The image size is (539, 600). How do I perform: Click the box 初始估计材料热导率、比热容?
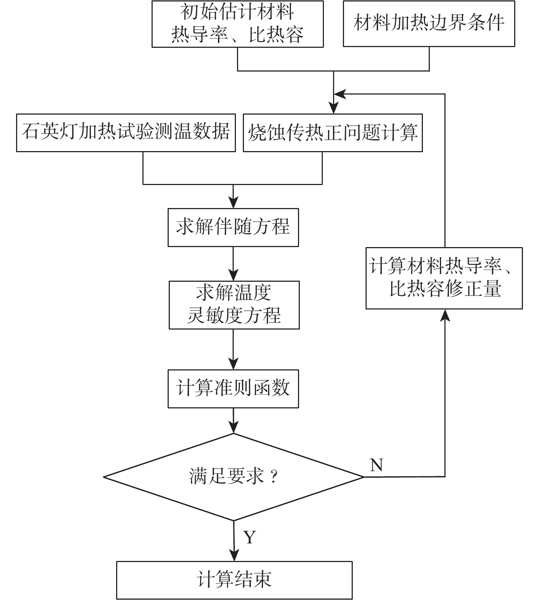tap(237, 24)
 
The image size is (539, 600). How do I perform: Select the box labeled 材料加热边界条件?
tap(429, 24)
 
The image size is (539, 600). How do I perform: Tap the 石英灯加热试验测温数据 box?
tap(126, 132)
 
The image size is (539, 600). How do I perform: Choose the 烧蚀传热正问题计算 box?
tap(333, 132)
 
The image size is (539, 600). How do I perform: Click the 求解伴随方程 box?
tap(233, 227)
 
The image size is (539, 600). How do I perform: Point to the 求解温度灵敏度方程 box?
tap(234, 305)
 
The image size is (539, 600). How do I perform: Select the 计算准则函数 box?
tap(233, 389)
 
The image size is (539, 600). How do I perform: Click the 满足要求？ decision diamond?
tap(234, 477)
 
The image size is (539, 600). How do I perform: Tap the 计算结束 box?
tap(234, 580)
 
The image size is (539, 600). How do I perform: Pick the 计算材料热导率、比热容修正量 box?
tap(444, 278)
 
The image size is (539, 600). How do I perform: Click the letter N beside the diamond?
tap(376, 465)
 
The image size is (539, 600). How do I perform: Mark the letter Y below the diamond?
tap(250, 537)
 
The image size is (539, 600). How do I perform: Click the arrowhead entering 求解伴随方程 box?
tap(233, 203)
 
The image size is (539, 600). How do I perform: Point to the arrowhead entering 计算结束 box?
tap(234, 555)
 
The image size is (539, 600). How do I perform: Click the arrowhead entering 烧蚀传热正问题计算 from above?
tap(333, 108)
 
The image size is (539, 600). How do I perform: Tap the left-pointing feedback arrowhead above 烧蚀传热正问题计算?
tap(340, 94)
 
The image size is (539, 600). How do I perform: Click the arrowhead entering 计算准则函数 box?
tap(233, 364)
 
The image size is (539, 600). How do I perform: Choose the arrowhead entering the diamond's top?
tap(233, 427)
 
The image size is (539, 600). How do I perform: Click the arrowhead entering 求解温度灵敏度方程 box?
tap(233, 275)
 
